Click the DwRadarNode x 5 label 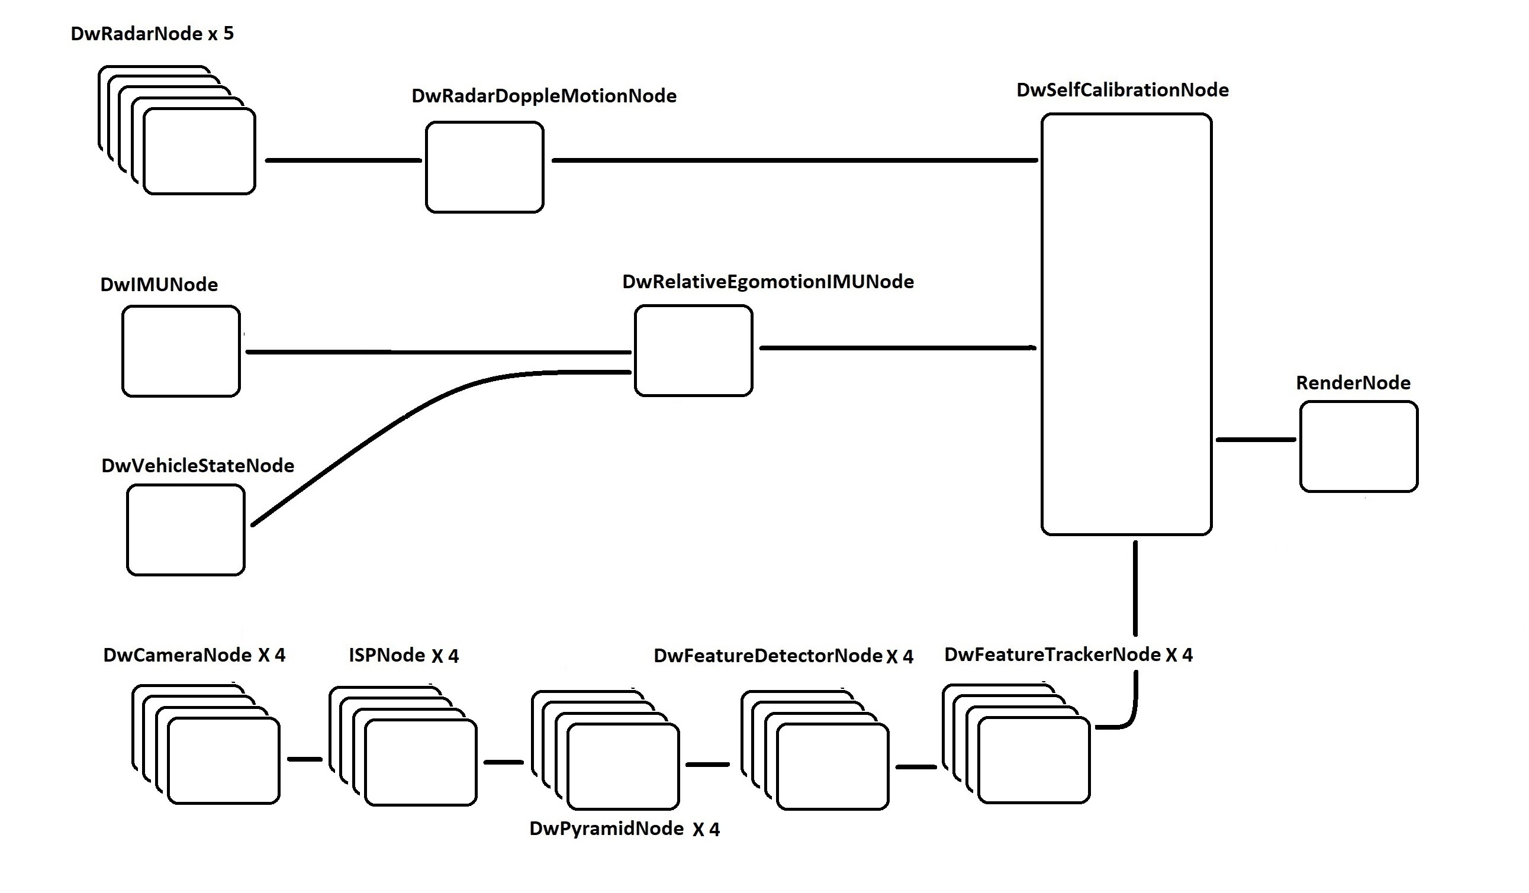(152, 33)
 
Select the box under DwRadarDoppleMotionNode (484, 167)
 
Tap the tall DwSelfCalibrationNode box (1126, 324)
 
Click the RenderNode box (1359, 446)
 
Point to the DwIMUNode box (181, 352)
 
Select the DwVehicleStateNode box (186, 530)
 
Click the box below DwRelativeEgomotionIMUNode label (694, 351)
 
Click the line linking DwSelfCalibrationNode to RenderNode (1256, 439)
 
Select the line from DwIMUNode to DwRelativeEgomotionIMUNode (437, 352)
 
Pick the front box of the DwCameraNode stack (223, 761)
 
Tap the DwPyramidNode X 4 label (625, 828)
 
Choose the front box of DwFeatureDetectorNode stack (832, 767)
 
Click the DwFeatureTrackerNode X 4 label (1068, 655)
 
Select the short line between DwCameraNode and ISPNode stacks (305, 759)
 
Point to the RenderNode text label (1353, 383)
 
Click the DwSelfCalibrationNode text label (1122, 90)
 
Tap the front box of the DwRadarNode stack (199, 151)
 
